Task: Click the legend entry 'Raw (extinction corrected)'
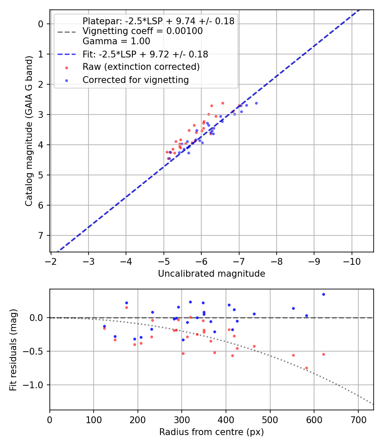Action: click(141, 67)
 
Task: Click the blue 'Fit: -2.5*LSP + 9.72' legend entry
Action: click(145, 54)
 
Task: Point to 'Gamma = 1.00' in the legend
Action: click(116, 41)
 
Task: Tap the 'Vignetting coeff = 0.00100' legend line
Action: click(143, 31)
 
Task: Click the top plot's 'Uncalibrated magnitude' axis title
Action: click(212, 274)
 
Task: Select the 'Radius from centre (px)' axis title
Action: click(212, 432)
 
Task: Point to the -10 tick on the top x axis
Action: click(352, 260)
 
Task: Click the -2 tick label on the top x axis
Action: click(51, 260)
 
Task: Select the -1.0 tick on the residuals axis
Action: click(37, 385)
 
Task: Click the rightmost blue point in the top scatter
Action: click(256, 103)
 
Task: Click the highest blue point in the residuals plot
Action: click(323, 294)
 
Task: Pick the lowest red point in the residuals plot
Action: click(306, 368)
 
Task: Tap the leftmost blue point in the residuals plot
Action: click(104, 326)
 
